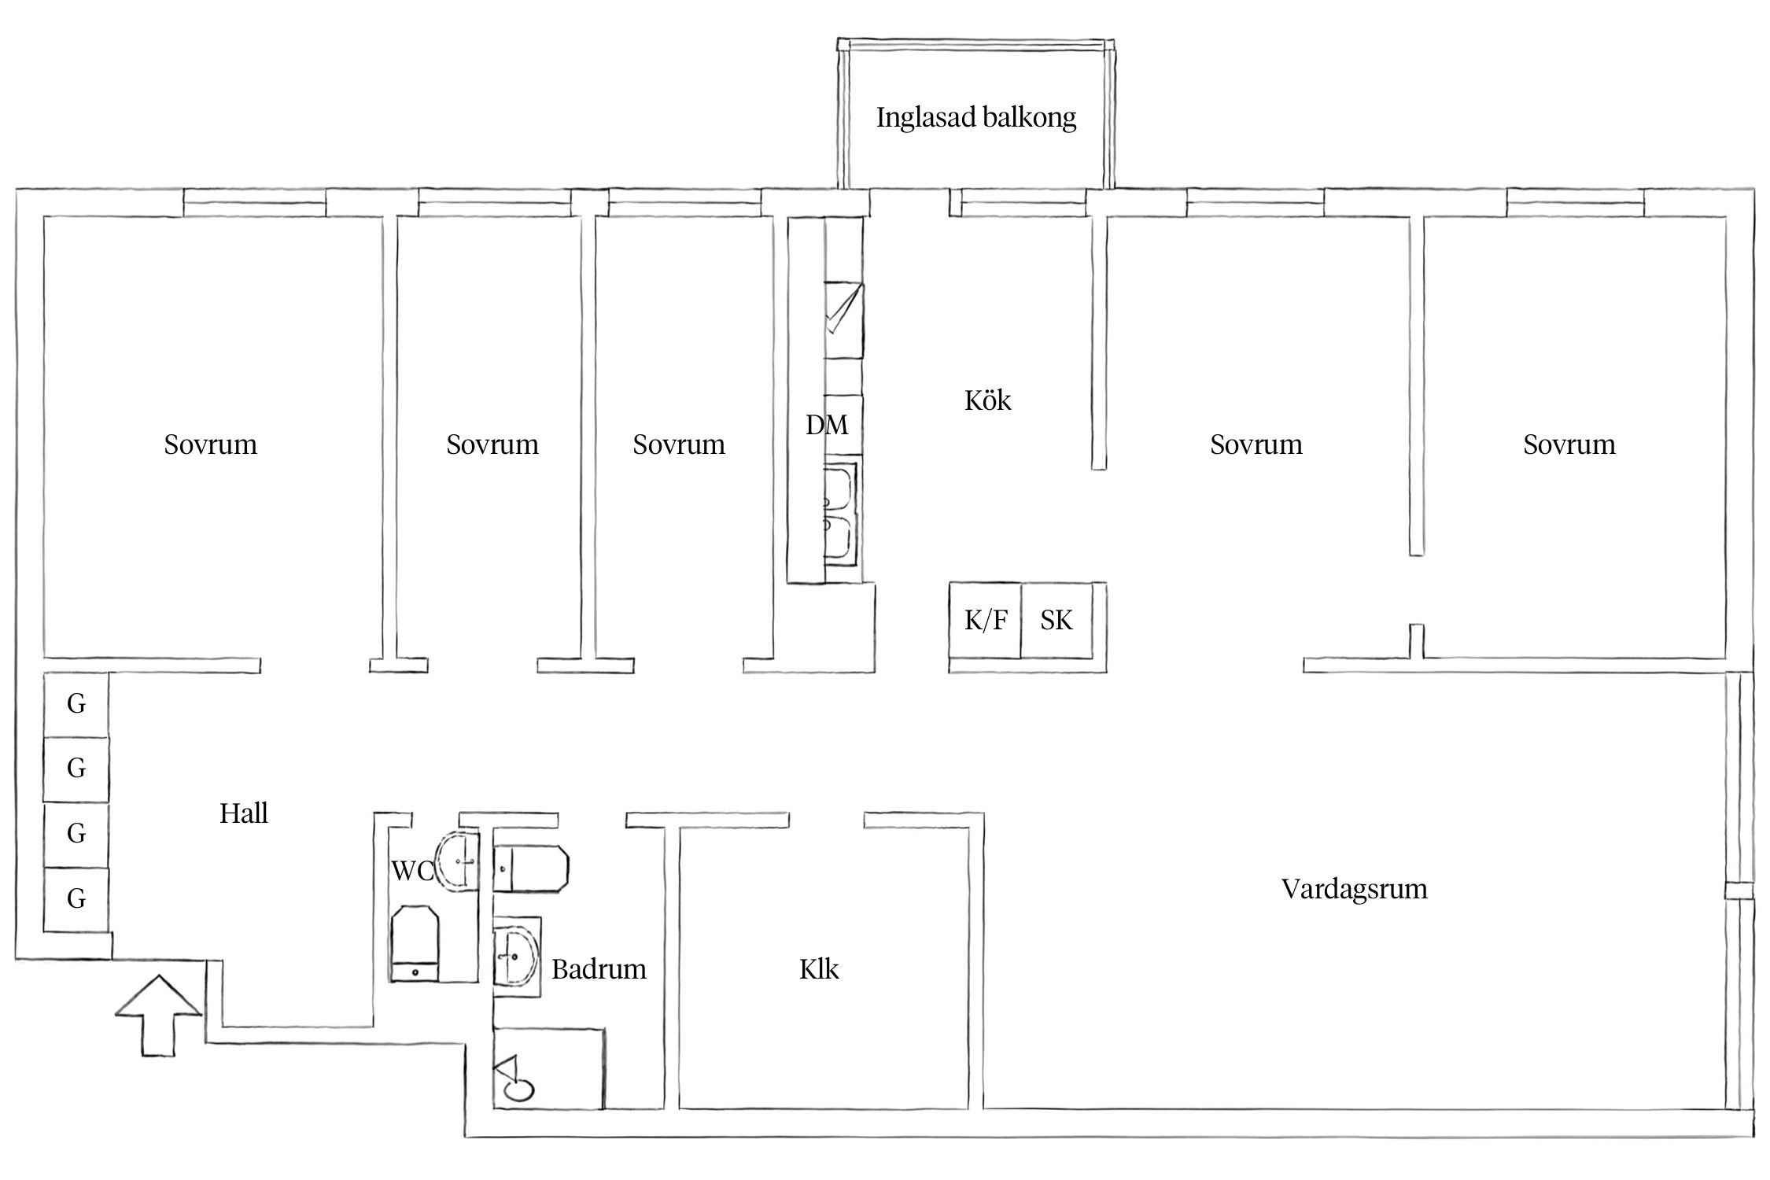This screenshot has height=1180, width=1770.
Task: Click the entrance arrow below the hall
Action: click(158, 1015)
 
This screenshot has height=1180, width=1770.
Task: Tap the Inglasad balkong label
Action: click(975, 118)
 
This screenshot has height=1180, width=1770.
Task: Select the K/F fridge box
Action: click(985, 621)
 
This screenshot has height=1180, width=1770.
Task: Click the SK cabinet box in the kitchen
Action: click(1056, 621)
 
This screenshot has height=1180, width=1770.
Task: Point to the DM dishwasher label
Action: click(827, 426)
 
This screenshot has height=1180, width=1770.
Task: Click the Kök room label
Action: click(987, 401)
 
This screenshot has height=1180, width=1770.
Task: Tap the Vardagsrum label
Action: click(1354, 889)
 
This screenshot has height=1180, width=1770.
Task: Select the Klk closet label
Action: click(819, 969)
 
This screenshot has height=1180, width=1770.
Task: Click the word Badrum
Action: click(599, 969)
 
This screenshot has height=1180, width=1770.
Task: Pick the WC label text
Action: click(412, 871)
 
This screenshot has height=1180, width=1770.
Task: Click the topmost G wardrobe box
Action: click(76, 704)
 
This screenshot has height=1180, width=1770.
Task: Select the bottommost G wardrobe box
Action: click(76, 898)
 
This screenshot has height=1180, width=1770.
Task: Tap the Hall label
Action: click(243, 813)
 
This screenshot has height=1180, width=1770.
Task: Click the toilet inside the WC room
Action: click(415, 944)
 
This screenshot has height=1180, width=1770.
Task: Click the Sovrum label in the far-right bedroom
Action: click(1569, 445)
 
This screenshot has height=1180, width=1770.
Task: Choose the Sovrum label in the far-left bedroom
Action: click(210, 445)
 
